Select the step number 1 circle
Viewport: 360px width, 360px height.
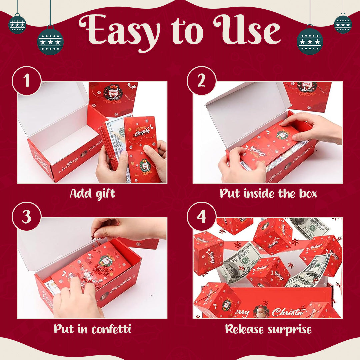pos(27,81)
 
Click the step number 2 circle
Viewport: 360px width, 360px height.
pos(201,81)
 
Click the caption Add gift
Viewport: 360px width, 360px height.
pos(92,193)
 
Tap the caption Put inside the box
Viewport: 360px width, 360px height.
pos(268,193)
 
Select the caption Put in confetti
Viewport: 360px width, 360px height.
pos(92,329)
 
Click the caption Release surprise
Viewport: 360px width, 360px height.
pos(268,329)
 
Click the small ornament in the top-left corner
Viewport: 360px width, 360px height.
pos(17,24)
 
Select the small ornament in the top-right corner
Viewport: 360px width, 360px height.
pos(343,24)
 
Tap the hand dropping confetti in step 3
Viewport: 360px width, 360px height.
pos(127,228)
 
